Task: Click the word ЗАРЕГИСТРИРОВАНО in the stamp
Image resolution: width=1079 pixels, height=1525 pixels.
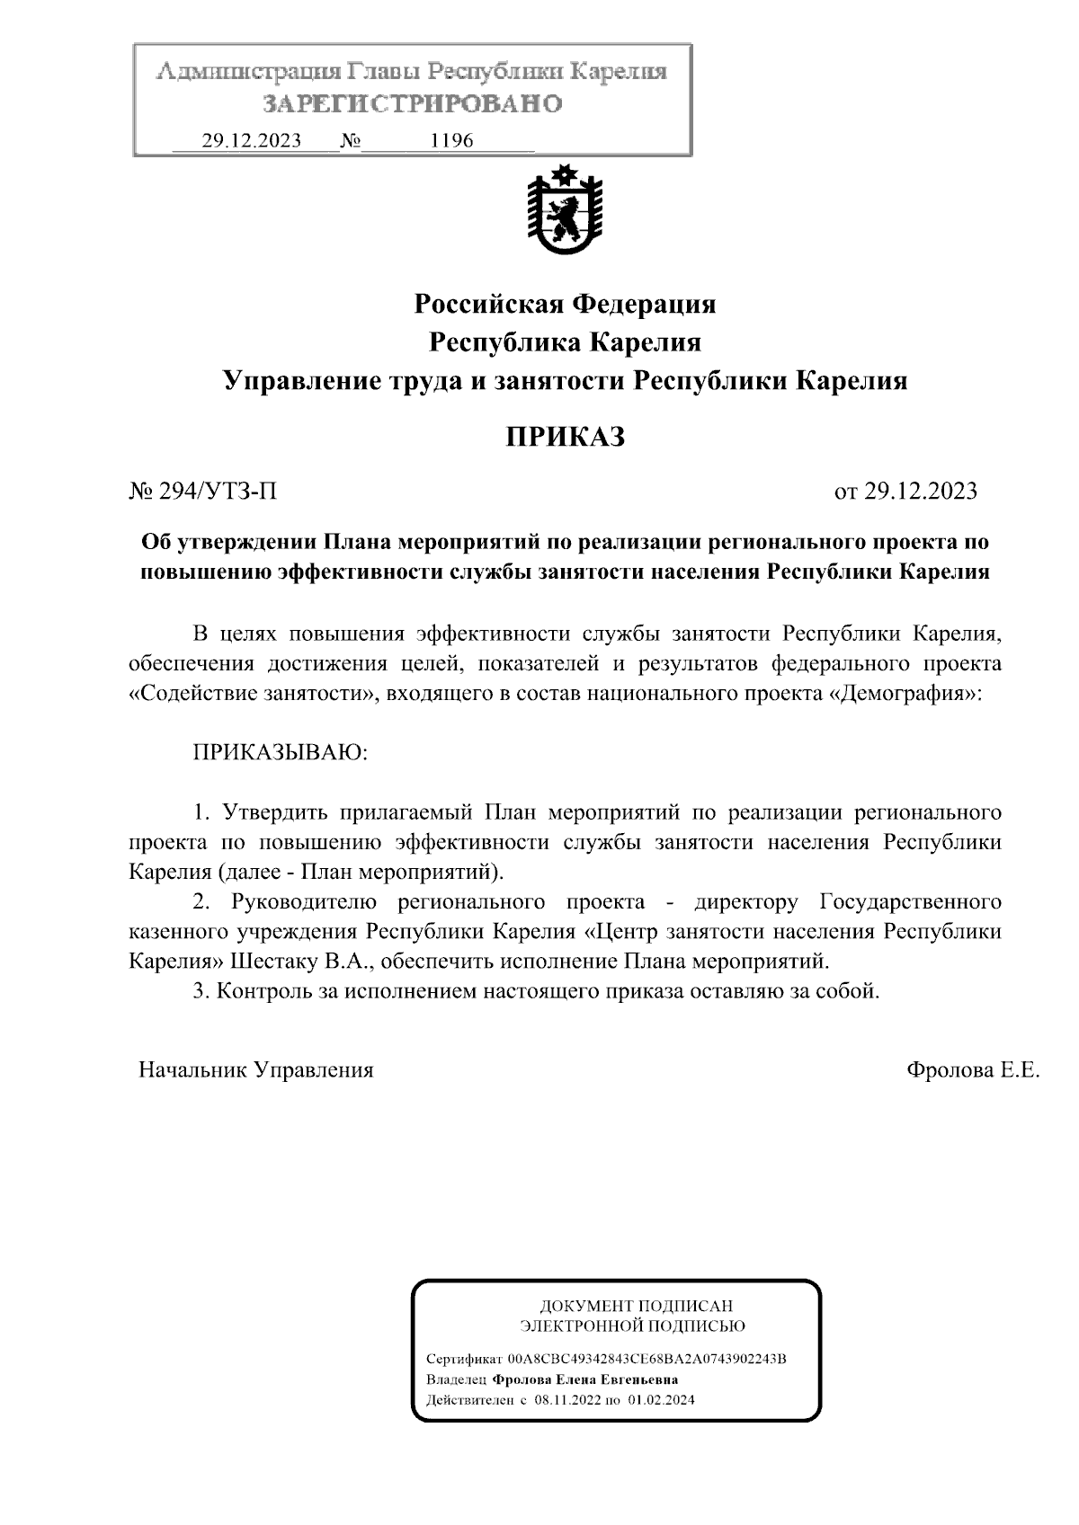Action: [x=413, y=103]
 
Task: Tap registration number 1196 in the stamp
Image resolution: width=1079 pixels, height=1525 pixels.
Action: [x=452, y=141]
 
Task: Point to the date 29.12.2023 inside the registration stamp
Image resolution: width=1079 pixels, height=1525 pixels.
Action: [x=251, y=141]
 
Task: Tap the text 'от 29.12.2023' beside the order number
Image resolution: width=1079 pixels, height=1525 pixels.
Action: [x=905, y=491]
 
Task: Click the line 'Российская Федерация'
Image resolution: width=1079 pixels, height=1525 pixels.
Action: [x=565, y=304]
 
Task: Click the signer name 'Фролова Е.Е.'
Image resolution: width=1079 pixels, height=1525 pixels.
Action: [x=973, y=1069]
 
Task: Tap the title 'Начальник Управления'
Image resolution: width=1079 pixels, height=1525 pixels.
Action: [x=255, y=1069]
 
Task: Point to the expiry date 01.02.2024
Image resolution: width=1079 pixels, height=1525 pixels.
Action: [x=662, y=1400]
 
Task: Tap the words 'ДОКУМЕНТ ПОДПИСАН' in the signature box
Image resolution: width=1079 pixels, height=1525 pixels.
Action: [x=636, y=1306]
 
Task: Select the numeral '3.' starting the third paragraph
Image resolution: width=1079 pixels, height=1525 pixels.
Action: [x=201, y=991]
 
